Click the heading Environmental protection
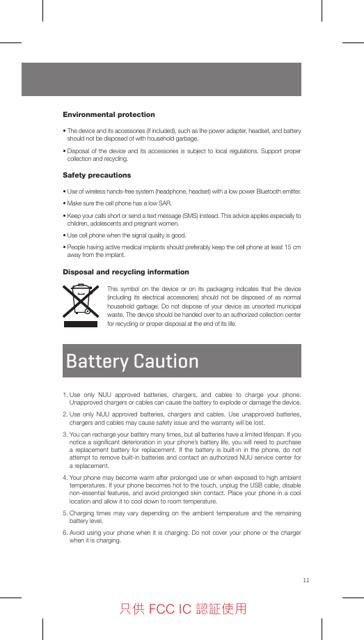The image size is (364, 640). (109, 114)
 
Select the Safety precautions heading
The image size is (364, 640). (97, 175)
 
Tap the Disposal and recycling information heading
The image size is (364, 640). (126, 272)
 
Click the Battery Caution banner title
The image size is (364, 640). (132, 361)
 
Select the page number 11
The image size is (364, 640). (306, 580)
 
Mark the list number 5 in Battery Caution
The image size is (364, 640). (64, 513)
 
